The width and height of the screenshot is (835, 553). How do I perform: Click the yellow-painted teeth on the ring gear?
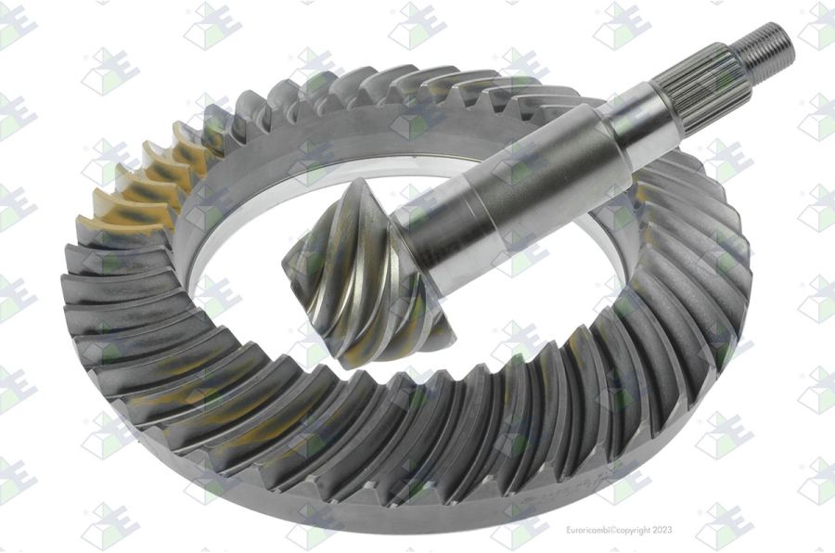point(144,181)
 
